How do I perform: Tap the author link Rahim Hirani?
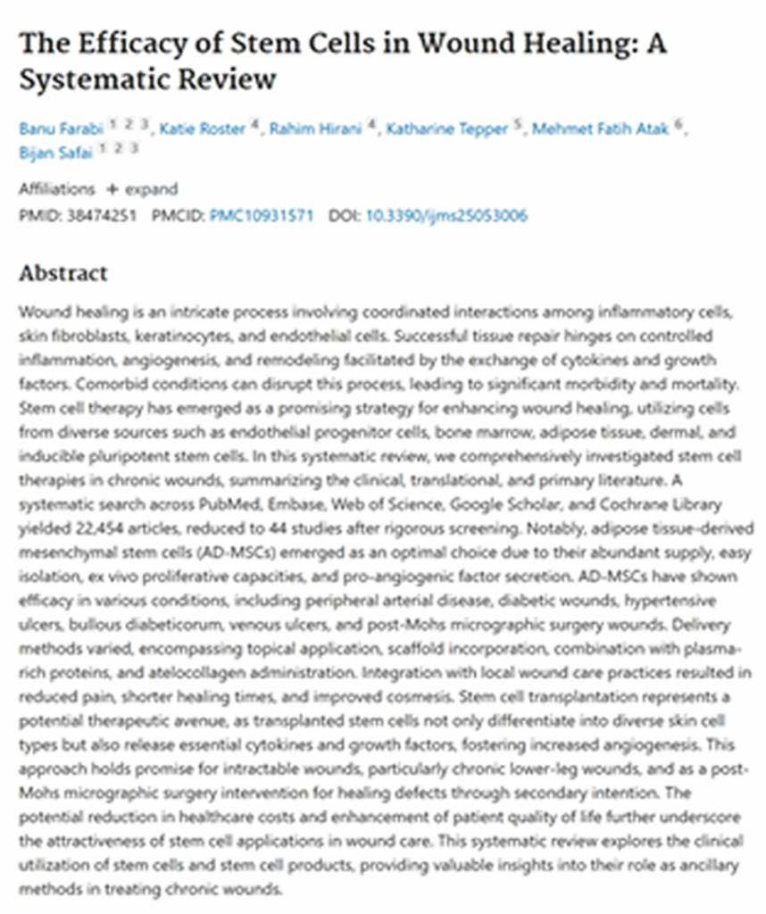click(x=315, y=129)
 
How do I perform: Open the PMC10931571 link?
click(x=262, y=216)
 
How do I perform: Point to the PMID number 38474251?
click(x=102, y=216)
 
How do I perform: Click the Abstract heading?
click(x=63, y=273)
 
